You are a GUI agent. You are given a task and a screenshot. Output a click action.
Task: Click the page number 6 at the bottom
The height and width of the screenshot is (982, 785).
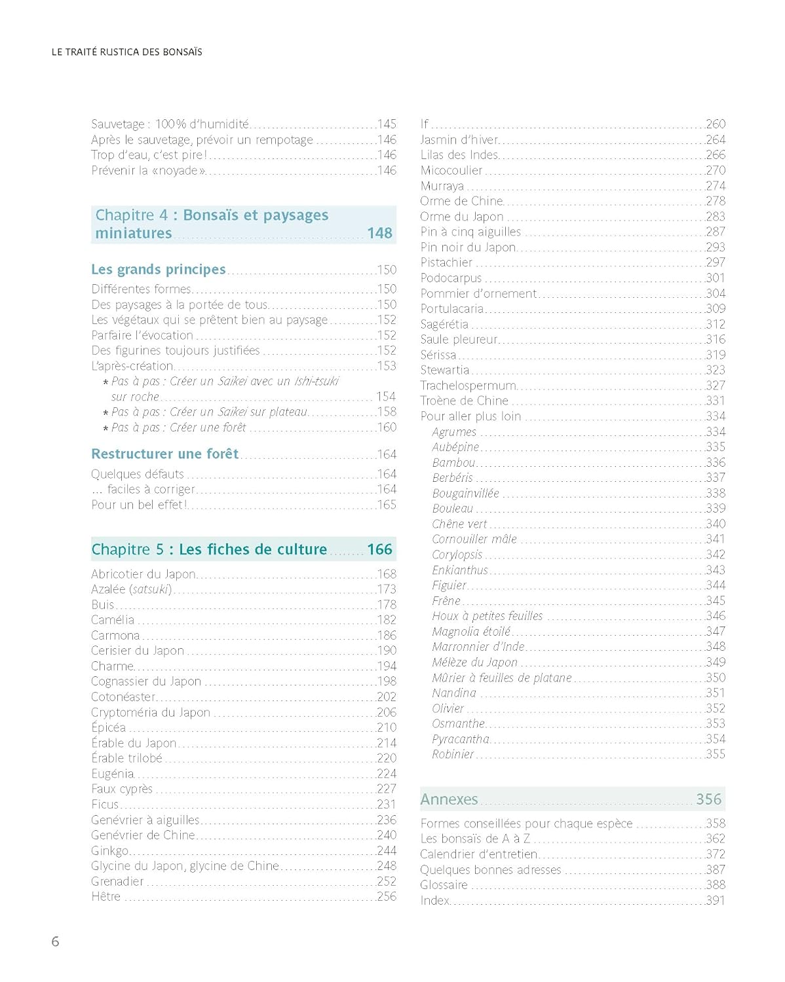pos(55,941)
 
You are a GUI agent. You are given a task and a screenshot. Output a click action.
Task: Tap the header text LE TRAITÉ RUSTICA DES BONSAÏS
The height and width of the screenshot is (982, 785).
pos(126,52)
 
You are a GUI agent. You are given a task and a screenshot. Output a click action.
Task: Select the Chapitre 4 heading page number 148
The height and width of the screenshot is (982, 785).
pos(379,233)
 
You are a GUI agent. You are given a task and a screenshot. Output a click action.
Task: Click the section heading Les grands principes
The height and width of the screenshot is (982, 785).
pos(158,269)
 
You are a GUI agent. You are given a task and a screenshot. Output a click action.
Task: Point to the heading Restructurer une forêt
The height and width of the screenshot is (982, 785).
pos(164,454)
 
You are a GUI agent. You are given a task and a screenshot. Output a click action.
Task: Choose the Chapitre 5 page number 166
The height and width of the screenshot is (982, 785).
pos(379,549)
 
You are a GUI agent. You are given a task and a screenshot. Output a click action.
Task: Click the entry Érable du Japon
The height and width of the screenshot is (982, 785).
pos(134,743)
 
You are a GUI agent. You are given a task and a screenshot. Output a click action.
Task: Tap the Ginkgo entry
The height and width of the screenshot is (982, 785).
pos(109,850)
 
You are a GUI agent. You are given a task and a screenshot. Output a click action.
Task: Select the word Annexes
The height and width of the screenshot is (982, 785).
pos(449,799)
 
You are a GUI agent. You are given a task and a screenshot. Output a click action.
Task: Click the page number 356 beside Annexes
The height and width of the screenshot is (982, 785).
pos(708,799)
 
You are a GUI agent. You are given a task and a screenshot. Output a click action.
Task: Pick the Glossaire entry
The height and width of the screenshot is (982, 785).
pos(444,885)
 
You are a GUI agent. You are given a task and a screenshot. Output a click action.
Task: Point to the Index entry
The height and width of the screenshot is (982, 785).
pos(434,900)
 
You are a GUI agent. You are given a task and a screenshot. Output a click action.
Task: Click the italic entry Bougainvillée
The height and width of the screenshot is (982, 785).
pos(465,493)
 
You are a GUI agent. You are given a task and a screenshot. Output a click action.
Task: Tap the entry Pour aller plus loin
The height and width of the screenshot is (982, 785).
pos(470,416)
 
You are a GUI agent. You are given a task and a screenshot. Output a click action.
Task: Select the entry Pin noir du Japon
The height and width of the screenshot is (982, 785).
pos(468,247)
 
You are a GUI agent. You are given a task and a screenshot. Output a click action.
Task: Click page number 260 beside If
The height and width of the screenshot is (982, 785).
pos(716,124)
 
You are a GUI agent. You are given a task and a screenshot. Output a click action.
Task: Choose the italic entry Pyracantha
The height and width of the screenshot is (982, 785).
pos(460,739)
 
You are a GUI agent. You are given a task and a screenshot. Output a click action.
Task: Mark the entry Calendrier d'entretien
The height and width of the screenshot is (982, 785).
pos(478,854)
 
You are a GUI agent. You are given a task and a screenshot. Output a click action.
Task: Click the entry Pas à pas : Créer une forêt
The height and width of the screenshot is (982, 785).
pos(178,427)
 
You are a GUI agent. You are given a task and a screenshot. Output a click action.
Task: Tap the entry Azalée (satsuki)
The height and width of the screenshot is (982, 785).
pos(131,589)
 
